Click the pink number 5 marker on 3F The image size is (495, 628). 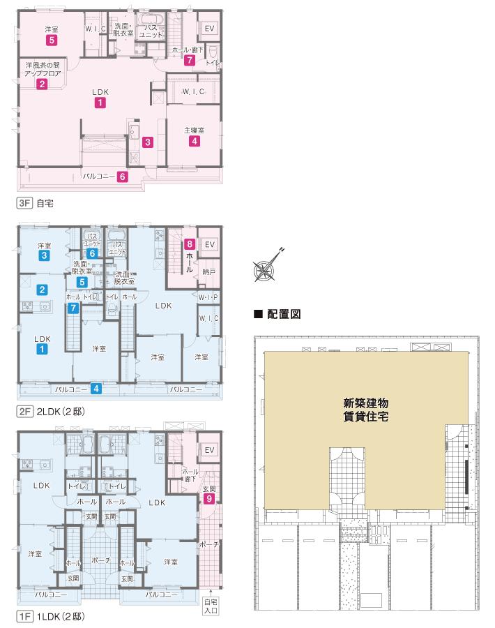(x=51, y=40)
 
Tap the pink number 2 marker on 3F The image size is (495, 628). (x=42, y=84)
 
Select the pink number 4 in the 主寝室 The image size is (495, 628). (x=194, y=141)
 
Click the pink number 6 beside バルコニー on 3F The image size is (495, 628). (x=123, y=177)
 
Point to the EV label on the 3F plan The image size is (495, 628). (x=209, y=29)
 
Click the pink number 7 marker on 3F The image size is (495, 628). (x=189, y=60)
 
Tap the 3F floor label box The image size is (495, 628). (x=24, y=203)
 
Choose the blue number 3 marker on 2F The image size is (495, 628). (x=44, y=255)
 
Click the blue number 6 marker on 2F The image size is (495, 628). (x=92, y=253)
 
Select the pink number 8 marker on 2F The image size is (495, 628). (x=189, y=244)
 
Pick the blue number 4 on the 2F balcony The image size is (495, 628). (x=96, y=389)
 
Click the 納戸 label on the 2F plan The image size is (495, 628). (x=209, y=271)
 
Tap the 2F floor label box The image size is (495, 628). (x=24, y=411)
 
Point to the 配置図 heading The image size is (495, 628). (x=284, y=314)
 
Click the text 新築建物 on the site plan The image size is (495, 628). (x=366, y=403)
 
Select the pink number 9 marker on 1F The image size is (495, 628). (x=208, y=498)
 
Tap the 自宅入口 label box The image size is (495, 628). (x=211, y=606)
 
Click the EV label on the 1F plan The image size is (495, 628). (x=209, y=450)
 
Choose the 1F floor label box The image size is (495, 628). (x=24, y=616)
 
